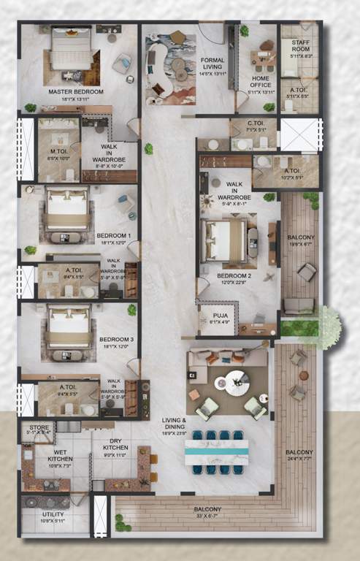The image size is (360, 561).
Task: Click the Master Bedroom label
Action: pyautogui.click(x=76, y=92)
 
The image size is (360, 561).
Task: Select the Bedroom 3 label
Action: pyautogui.click(x=117, y=339)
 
